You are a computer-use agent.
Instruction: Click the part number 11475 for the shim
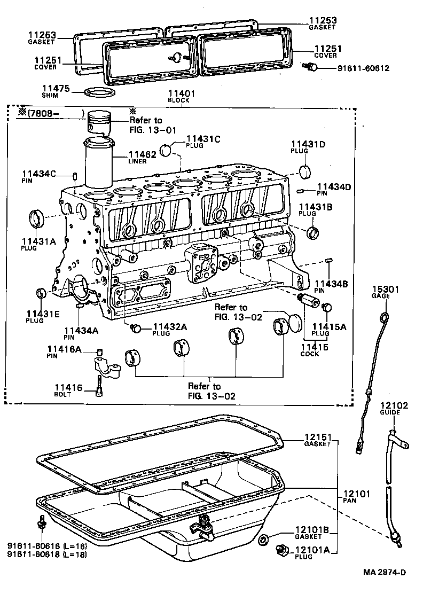coord(56,88)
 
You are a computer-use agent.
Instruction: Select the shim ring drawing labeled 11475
coord(100,93)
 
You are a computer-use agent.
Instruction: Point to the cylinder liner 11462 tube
coord(99,163)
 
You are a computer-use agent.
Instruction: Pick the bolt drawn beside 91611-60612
coord(310,66)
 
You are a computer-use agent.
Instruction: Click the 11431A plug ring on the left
coord(37,218)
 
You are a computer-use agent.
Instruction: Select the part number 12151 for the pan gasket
coord(318,437)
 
